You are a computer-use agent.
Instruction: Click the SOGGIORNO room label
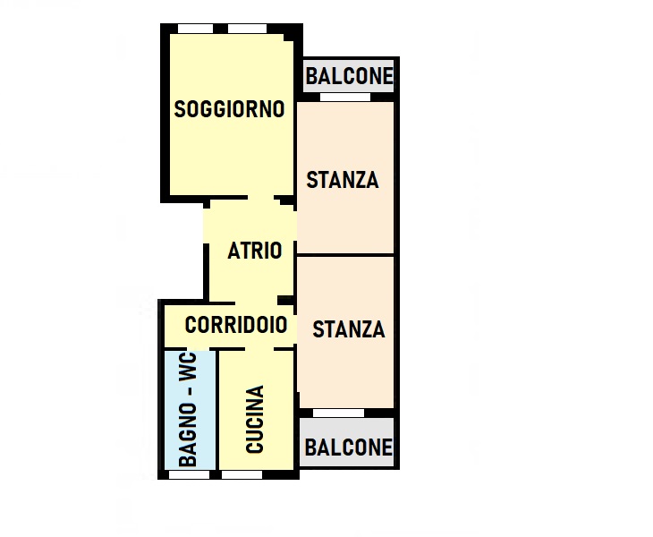tap(229, 109)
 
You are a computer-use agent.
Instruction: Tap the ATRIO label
tap(255, 251)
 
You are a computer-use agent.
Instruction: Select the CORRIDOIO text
tap(236, 325)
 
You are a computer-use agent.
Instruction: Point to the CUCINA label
tap(255, 419)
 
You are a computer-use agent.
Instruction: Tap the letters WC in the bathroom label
tap(188, 367)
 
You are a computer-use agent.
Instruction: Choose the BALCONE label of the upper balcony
tap(350, 76)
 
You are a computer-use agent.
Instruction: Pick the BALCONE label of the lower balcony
tap(349, 447)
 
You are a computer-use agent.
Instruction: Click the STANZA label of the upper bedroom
tap(343, 180)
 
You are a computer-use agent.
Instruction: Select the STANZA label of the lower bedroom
tap(349, 329)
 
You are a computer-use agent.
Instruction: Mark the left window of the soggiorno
tap(195, 29)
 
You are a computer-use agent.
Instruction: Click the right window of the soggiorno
tap(248, 29)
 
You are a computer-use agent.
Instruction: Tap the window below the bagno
tap(189, 475)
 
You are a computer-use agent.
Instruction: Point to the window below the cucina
tap(242, 475)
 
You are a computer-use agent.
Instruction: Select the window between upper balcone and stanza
tap(344, 97)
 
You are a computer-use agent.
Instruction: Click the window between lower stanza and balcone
tap(339, 413)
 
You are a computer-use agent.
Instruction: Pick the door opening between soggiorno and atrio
tap(260, 198)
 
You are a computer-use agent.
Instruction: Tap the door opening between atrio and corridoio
tap(256, 303)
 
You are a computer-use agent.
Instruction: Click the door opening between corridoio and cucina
tap(259, 349)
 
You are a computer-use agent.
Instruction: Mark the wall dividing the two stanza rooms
tap(345, 253)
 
